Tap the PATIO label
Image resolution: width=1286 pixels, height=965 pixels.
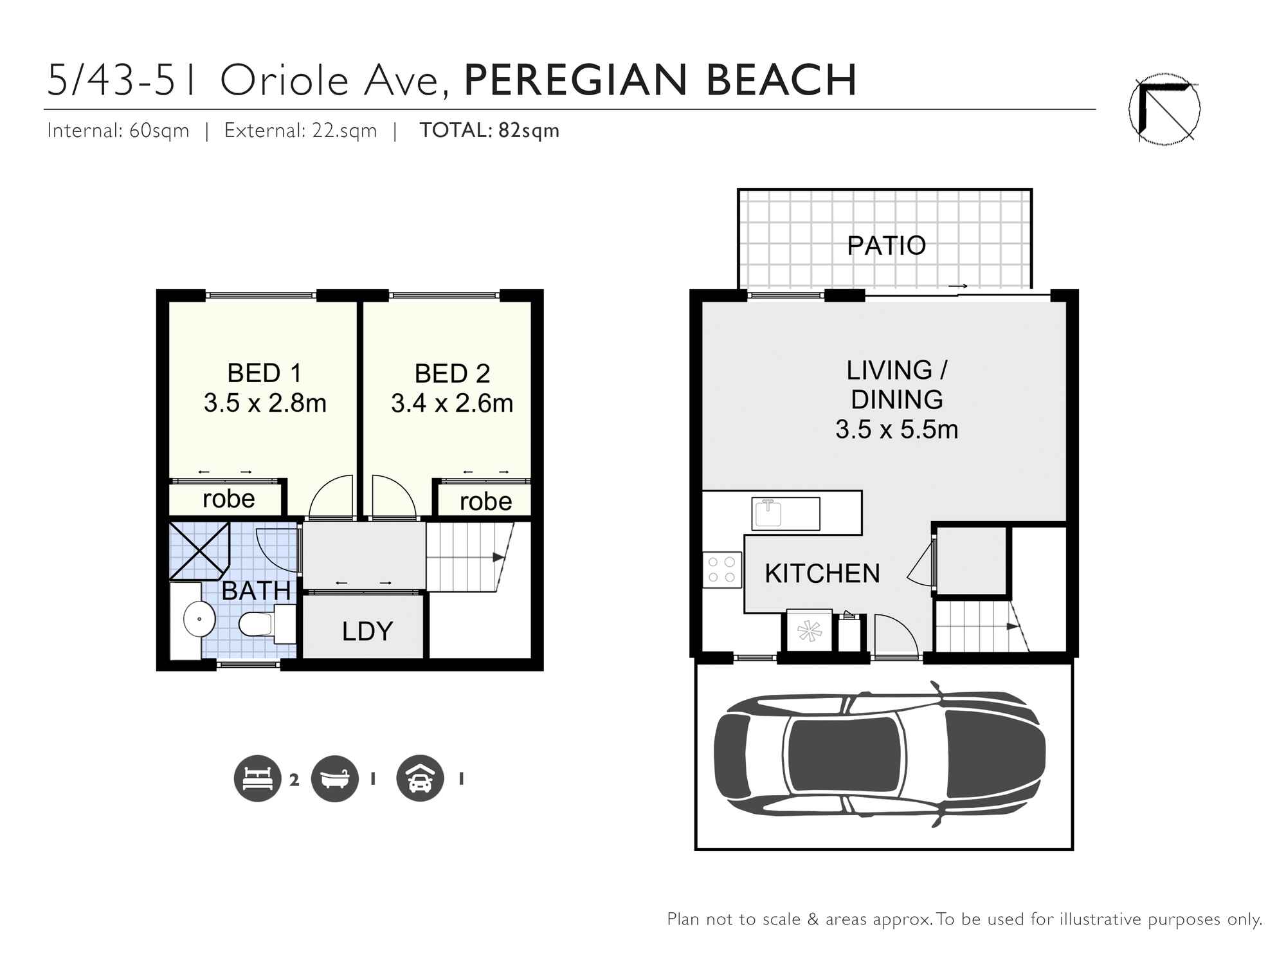[886, 245]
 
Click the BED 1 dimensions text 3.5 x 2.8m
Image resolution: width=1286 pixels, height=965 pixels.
[265, 403]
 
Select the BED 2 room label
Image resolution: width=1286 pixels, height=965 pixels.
[452, 373]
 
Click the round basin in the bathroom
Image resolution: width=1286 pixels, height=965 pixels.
[199, 619]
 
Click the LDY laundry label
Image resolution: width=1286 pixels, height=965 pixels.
[367, 631]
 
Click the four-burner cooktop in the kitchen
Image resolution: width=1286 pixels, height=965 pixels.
[721, 569]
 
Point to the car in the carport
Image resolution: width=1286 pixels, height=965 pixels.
[879, 755]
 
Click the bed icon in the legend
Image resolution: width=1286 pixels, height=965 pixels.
[257, 778]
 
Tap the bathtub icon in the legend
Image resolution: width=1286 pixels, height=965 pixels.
[334, 778]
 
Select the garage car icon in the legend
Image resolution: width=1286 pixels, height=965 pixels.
[420, 778]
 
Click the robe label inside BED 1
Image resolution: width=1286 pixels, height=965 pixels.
[228, 499]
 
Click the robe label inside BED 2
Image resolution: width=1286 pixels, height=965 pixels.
[485, 502]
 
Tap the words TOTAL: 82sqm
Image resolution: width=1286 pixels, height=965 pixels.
[489, 131]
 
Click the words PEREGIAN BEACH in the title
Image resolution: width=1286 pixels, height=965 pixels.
[660, 80]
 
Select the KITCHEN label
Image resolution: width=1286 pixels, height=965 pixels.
[822, 573]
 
